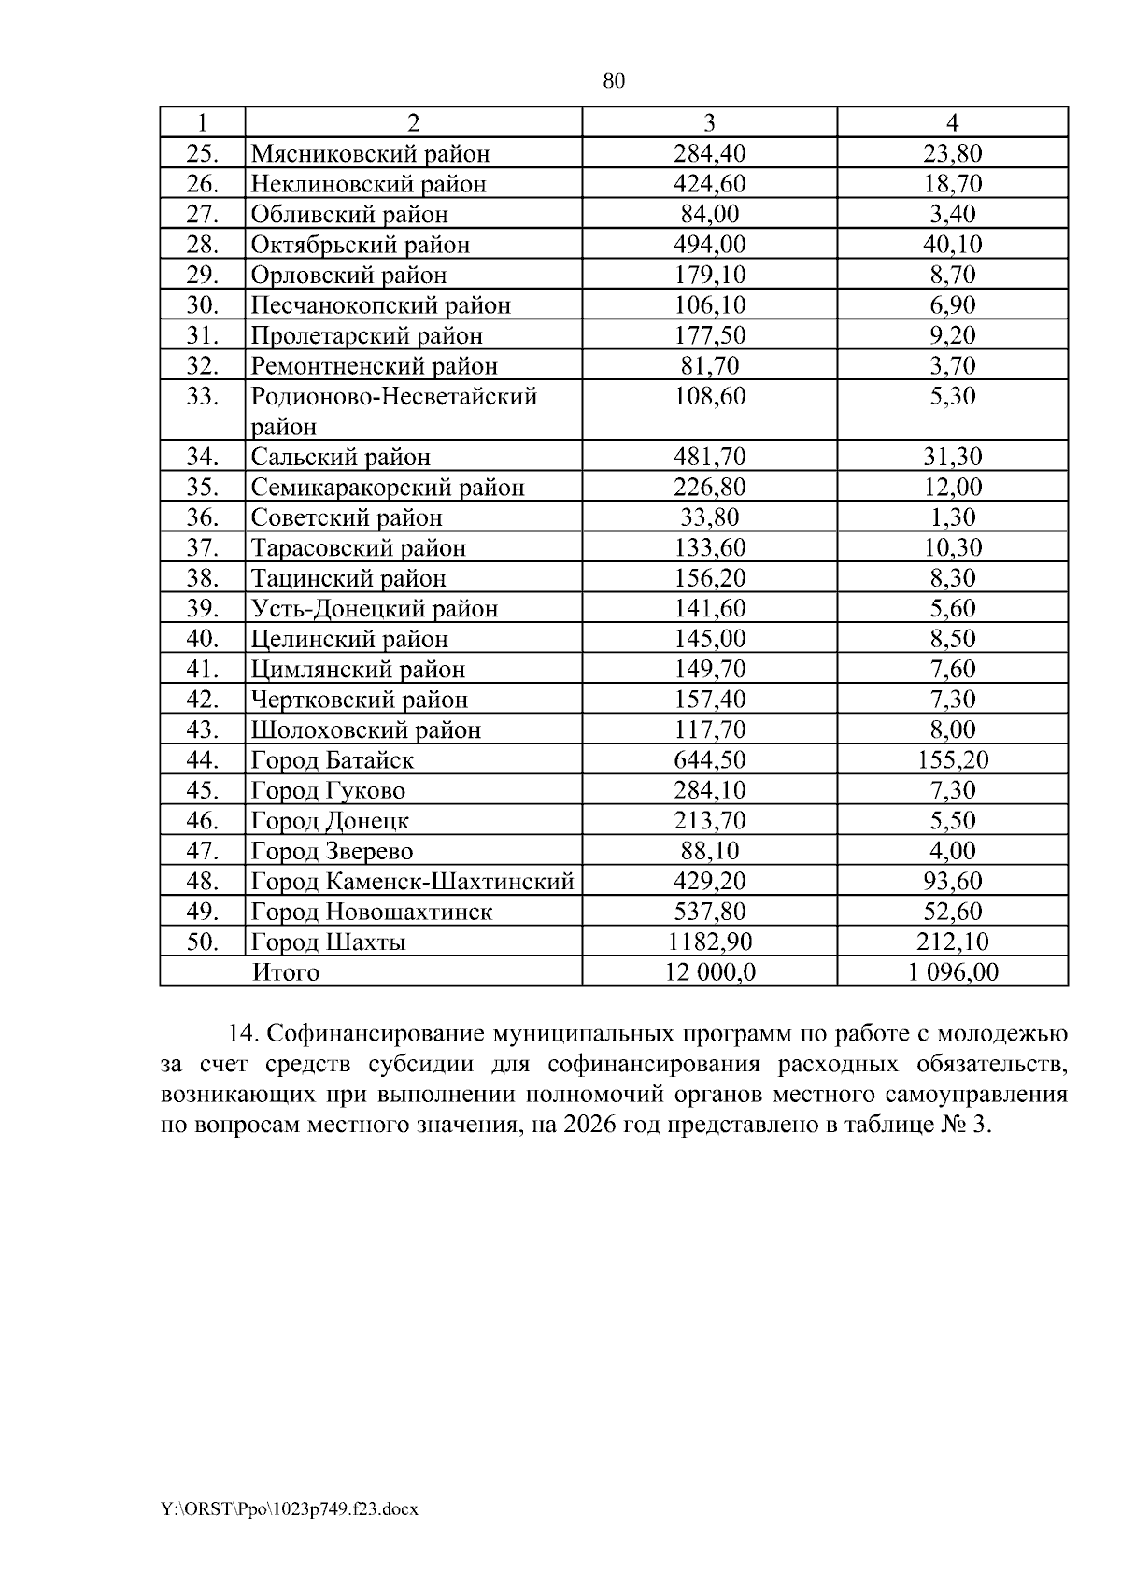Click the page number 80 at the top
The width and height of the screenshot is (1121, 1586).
pyautogui.click(x=614, y=81)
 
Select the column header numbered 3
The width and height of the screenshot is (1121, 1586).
pyautogui.click(x=709, y=122)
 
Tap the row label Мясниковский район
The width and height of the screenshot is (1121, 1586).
pyautogui.click(x=370, y=153)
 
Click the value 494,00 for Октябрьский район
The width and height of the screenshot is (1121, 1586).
pyautogui.click(x=709, y=245)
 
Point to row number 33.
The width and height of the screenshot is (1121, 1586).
pyautogui.click(x=202, y=396)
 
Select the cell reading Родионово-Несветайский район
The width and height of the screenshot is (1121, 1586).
pyautogui.click(x=393, y=411)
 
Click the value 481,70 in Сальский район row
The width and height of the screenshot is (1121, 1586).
pyautogui.click(x=709, y=457)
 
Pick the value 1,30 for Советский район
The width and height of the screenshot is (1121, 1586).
pyautogui.click(x=952, y=517)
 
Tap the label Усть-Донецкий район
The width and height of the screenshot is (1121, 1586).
pyautogui.click(x=374, y=609)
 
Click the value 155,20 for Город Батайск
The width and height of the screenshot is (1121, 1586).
pyautogui.click(x=952, y=760)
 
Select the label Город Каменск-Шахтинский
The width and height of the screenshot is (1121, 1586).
pyautogui.click(x=412, y=882)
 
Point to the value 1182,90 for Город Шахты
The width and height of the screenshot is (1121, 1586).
pyautogui.click(x=709, y=942)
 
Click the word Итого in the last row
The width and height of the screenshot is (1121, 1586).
pyautogui.click(x=286, y=972)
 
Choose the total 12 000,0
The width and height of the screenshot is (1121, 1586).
pyautogui.click(x=709, y=972)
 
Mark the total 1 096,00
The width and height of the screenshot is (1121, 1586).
pyautogui.click(x=952, y=972)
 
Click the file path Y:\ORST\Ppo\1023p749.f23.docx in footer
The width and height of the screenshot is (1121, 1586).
pyautogui.click(x=289, y=1508)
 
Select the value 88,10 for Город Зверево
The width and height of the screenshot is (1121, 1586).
pyautogui.click(x=709, y=851)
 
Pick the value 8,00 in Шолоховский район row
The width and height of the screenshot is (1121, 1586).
pyautogui.click(x=952, y=729)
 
